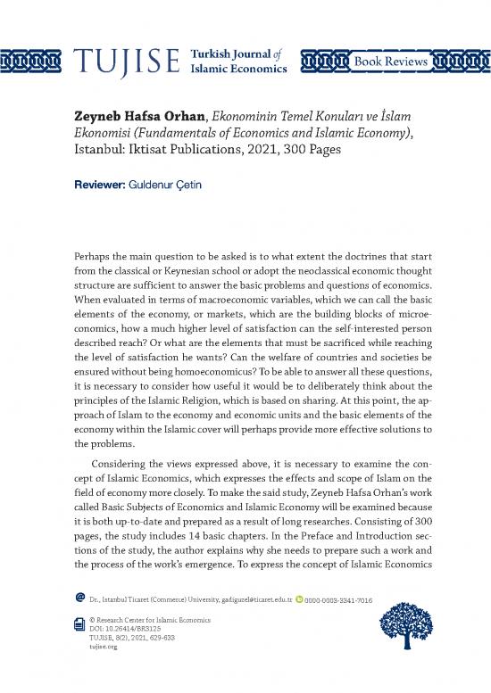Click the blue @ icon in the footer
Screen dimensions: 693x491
80,600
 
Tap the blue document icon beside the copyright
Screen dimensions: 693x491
80,627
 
